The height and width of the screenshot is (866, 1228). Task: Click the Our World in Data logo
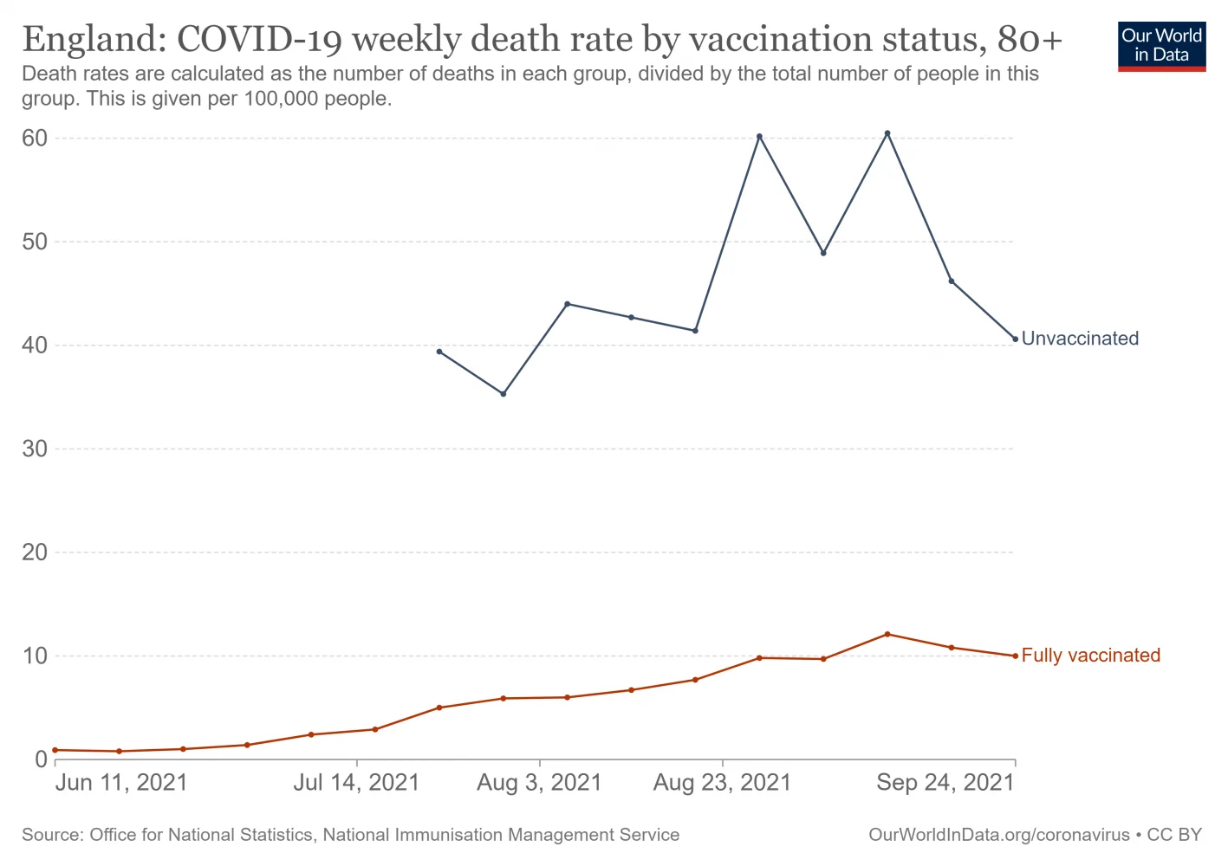click(1161, 46)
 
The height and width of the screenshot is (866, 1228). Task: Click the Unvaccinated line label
click(1080, 339)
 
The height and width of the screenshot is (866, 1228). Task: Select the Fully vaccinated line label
click(1090, 656)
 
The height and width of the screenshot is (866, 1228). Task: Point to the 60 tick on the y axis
click(35, 139)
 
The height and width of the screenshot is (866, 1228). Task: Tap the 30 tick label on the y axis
click(35, 449)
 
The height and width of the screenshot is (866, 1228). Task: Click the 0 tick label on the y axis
click(41, 759)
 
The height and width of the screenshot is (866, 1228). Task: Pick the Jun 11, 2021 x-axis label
click(121, 783)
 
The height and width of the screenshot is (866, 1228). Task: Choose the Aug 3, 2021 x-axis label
click(539, 783)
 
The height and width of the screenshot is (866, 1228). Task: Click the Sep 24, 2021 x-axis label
click(945, 783)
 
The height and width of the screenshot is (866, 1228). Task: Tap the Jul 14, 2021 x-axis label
click(356, 783)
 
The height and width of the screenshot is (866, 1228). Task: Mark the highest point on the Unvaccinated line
click(887, 133)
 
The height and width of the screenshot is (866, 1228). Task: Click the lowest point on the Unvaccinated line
click(504, 394)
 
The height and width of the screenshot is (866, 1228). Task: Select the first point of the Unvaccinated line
click(439, 352)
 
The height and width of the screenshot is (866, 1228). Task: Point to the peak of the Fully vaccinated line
click(887, 634)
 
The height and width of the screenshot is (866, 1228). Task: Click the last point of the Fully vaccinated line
click(1016, 656)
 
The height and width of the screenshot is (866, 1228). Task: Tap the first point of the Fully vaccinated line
click(55, 750)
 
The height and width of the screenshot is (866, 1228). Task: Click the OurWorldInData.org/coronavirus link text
click(999, 835)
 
